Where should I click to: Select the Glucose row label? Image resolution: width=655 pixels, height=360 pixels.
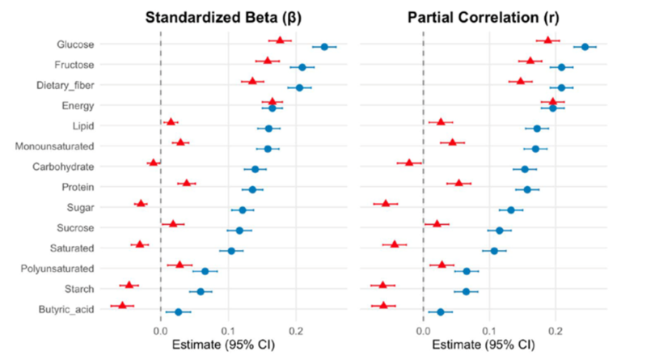point(75,44)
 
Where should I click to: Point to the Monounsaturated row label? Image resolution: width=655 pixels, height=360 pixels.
point(54,146)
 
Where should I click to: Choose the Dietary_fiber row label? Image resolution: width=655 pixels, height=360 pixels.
point(64,85)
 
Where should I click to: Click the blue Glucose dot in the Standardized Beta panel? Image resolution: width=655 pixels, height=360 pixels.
point(324,47)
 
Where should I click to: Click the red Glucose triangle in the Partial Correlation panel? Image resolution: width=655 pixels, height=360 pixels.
point(547,40)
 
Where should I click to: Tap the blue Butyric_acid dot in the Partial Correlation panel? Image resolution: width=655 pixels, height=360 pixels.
point(441,311)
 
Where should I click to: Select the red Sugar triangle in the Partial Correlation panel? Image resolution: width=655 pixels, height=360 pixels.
point(386,203)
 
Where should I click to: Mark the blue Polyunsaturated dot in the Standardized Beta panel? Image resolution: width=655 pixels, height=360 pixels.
point(205,271)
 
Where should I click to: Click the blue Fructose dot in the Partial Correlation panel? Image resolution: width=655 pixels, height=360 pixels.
point(561,67)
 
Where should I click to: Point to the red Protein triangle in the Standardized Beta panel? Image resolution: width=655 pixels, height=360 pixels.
point(187,183)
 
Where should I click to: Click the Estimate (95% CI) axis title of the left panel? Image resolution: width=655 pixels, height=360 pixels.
point(220,345)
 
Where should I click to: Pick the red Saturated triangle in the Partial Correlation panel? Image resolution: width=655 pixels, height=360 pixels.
point(395,244)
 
